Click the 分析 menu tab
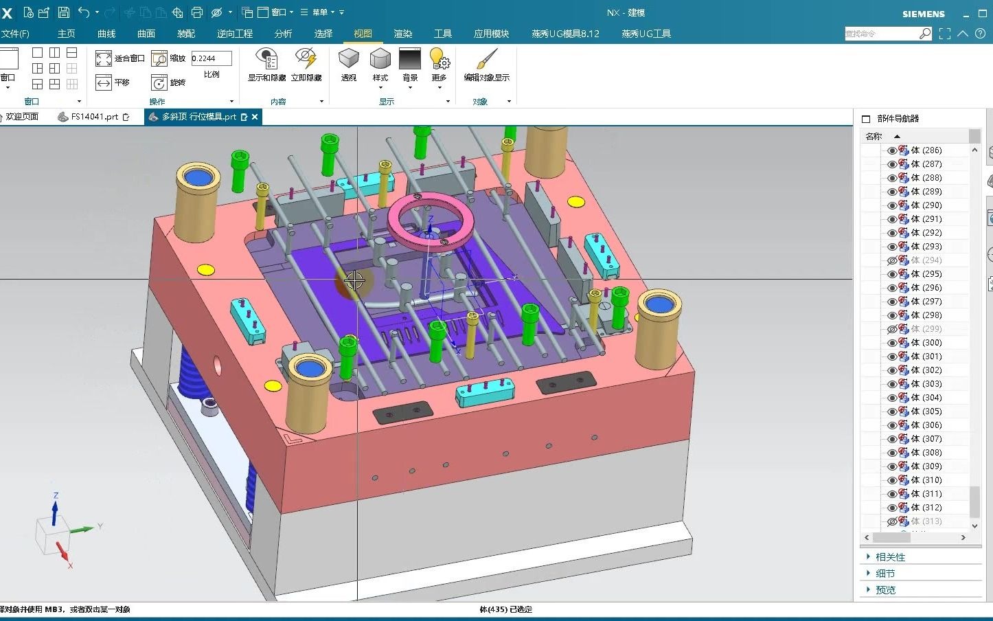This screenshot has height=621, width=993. [x=283, y=34]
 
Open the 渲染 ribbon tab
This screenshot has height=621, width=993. [x=403, y=34]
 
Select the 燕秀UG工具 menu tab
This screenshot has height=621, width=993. [x=646, y=34]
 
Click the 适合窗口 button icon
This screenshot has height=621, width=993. [x=104, y=58]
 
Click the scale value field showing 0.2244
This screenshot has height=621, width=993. [x=211, y=58]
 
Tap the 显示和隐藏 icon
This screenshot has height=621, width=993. [x=266, y=59]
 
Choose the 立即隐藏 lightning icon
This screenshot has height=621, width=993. [x=306, y=59]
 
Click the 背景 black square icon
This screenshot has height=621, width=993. [x=410, y=59]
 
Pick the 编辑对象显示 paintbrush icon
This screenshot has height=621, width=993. [x=487, y=59]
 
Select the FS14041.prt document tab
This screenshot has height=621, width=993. [x=94, y=117]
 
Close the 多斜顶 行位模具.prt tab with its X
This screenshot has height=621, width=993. [x=255, y=117]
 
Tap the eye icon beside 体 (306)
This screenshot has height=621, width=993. [x=892, y=425]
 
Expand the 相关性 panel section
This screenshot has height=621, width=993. [x=890, y=557]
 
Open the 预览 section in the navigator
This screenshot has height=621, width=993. [x=885, y=589]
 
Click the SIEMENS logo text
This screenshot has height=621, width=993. [x=923, y=14]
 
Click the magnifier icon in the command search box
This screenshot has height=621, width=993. [x=925, y=34]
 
